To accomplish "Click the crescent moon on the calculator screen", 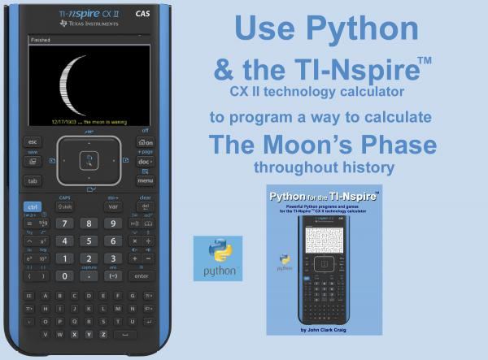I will (74, 80).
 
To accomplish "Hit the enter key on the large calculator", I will (144, 275).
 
